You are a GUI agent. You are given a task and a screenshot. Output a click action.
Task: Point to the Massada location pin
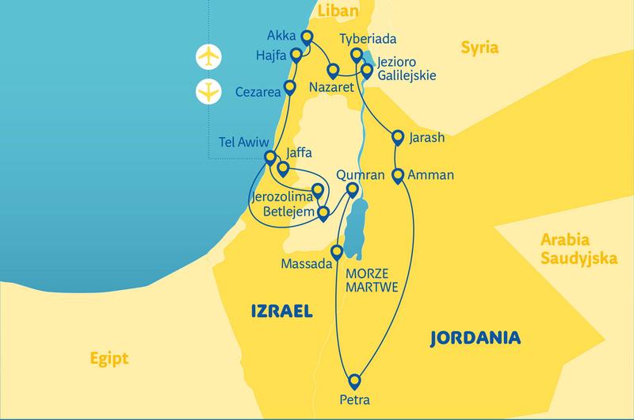337,253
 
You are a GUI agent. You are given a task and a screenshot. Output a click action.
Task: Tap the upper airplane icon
208,57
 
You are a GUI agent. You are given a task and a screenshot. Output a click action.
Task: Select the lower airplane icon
208,92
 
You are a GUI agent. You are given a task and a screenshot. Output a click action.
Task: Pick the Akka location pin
307,37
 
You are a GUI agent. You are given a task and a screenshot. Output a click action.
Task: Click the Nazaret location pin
333,69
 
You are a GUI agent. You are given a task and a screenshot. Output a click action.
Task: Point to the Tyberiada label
367,39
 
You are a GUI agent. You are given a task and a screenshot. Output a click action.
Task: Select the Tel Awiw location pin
270,156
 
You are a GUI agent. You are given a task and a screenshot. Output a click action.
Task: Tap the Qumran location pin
354,189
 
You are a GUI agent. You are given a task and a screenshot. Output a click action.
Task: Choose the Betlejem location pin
323,212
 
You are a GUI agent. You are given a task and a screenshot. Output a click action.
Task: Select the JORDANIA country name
474,338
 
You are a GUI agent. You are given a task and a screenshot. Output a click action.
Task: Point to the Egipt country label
109,357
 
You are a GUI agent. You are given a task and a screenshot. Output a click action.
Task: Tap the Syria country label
479,48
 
